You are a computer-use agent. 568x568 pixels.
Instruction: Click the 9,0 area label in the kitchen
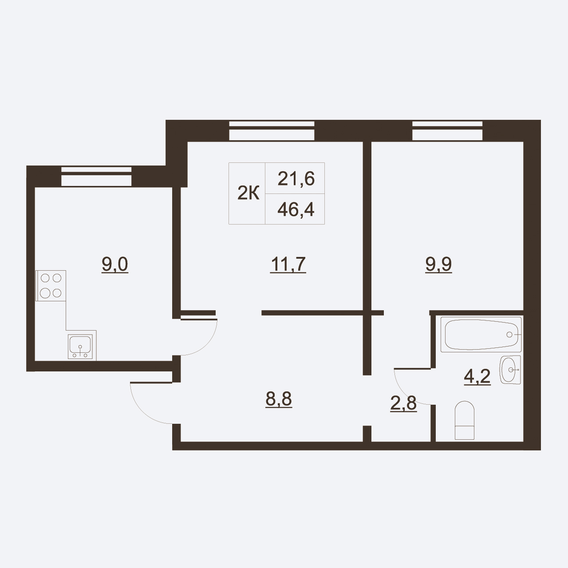click(114, 264)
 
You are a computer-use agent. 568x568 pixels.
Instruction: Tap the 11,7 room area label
click(288, 264)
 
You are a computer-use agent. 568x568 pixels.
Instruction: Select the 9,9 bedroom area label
click(438, 264)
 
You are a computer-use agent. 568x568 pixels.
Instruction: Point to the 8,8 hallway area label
click(279, 399)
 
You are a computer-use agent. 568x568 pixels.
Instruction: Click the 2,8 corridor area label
click(403, 403)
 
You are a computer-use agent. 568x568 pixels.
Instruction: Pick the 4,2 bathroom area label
click(477, 376)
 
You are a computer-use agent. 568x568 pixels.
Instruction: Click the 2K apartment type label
click(248, 193)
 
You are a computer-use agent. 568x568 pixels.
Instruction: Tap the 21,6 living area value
click(296, 179)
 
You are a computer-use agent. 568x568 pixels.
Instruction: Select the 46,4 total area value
click(296, 209)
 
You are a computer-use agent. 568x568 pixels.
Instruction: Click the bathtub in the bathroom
click(481, 335)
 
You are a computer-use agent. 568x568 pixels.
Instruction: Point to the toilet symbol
click(465, 420)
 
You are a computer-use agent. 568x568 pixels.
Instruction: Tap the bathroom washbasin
click(510, 370)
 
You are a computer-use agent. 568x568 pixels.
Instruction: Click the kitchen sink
click(80, 347)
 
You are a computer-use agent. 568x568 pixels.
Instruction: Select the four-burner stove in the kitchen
click(51, 286)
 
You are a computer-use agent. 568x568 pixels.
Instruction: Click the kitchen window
click(96, 177)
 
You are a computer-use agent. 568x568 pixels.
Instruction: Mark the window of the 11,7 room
click(272, 130)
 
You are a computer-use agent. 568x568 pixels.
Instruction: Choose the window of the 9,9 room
click(447, 130)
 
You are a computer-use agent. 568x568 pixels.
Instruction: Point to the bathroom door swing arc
click(405, 393)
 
